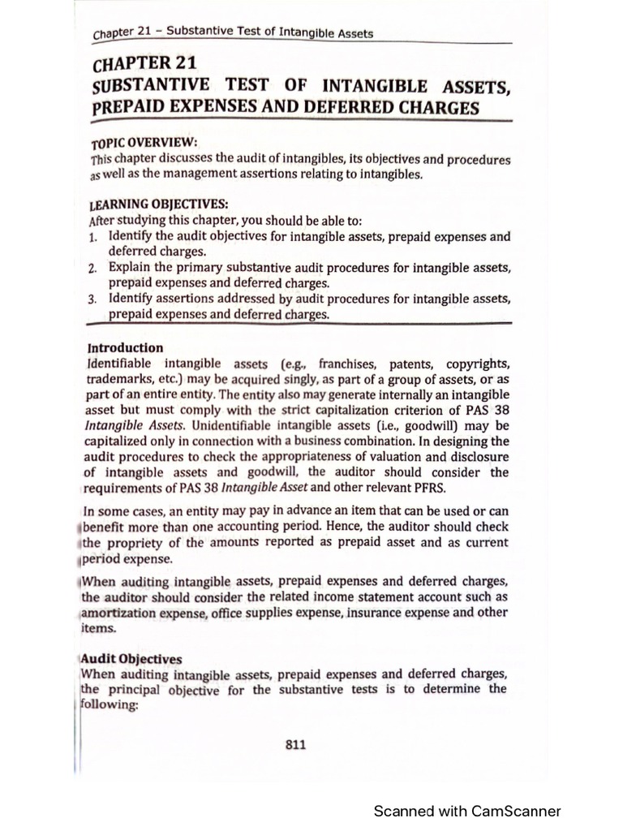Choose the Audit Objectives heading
(131, 659)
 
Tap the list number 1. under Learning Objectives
(93, 237)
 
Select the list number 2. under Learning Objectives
(93, 268)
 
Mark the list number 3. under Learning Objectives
(93, 299)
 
